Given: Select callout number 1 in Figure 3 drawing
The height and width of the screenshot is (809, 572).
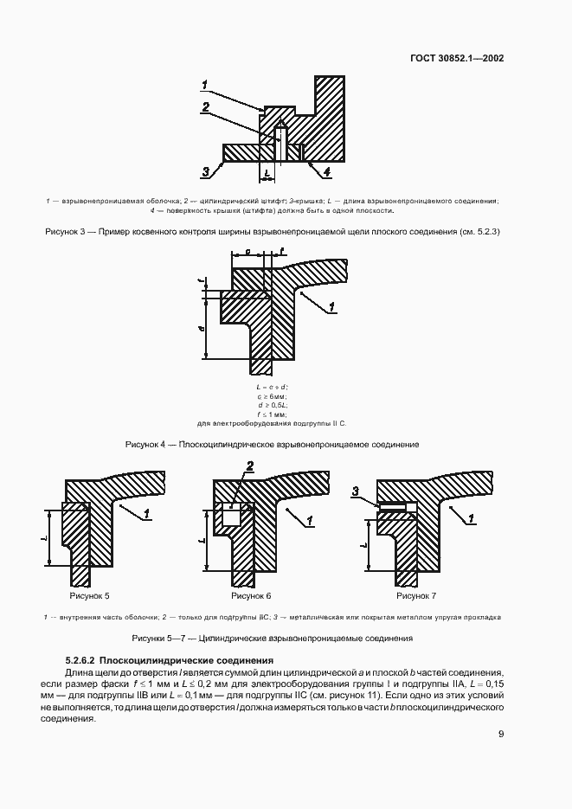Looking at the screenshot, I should tap(205, 85).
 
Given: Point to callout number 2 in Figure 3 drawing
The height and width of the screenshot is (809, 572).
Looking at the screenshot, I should tap(205, 108).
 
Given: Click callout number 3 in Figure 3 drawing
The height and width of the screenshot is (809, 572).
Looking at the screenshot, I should tap(206, 171).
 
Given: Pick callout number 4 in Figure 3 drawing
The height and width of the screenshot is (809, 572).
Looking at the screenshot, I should tap(327, 172).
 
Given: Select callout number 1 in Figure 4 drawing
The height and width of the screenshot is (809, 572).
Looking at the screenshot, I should tap(331, 306).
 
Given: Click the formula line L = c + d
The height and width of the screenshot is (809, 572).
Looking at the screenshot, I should tap(272, 386).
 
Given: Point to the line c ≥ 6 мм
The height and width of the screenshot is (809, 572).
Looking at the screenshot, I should tap(272, 395).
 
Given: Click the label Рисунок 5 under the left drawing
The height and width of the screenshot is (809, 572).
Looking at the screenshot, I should tap(90, 596).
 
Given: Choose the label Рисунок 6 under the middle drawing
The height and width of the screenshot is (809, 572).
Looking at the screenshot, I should tap(252, 596).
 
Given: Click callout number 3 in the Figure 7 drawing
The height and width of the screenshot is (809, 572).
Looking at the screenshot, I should tap(355, 492).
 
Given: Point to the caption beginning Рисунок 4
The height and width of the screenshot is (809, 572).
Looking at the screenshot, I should tap(272, 444).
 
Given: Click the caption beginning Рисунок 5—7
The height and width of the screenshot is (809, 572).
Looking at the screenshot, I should tap(272, 638).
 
